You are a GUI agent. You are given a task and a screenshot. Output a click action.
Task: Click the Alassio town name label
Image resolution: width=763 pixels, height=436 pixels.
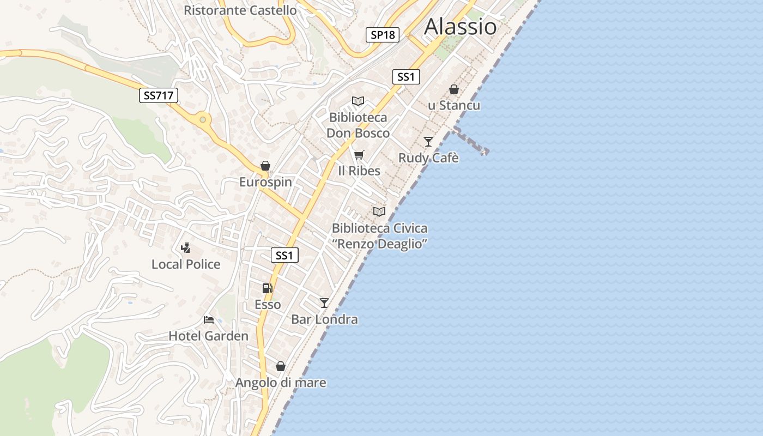coord(461,26)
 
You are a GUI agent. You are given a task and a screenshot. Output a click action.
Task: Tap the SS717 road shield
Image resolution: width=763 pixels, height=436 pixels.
coord(158,95)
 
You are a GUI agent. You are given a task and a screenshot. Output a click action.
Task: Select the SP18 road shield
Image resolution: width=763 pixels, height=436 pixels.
coord(382,35)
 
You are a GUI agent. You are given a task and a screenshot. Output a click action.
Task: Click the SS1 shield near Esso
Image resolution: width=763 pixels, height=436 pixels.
coord(284,255)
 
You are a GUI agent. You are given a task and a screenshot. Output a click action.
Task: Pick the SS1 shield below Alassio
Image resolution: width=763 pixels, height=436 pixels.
coord(406,77)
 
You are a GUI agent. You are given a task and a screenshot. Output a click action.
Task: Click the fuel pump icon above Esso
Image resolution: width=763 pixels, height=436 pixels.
coord(267,288)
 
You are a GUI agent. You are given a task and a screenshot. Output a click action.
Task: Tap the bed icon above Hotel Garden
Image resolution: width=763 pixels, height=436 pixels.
coord(208,320)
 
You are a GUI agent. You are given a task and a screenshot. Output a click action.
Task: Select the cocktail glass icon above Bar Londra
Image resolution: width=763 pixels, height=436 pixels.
coord(324,302)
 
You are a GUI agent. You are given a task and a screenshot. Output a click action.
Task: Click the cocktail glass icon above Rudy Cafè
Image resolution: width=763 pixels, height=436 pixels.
coord(428,142)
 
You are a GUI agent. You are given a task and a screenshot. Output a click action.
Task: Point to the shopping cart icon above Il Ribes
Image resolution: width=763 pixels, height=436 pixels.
coord(359,155)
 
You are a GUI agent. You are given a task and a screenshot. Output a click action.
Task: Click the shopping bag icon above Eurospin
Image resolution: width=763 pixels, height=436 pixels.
coord(265,166)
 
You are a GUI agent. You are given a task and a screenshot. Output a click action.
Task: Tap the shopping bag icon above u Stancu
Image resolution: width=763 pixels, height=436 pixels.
coord(454,89)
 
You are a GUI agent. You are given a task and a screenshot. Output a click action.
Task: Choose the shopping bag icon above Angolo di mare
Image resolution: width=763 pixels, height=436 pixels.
coord(281,366)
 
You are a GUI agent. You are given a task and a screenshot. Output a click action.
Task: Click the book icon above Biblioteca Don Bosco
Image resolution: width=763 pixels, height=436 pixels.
coord(358,101)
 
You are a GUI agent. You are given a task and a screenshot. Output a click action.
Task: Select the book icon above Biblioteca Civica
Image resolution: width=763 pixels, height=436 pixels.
coord(379,211)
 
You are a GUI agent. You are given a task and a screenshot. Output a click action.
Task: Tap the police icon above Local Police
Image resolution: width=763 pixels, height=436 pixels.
coord(186,248)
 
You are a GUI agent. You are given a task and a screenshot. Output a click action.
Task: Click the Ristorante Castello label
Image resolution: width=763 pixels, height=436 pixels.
coord(240,10)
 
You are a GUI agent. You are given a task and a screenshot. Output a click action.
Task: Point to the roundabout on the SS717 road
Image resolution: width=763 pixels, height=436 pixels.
coord(203,119)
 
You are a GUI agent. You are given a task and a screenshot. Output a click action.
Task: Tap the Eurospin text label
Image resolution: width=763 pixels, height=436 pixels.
coord(265,182)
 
